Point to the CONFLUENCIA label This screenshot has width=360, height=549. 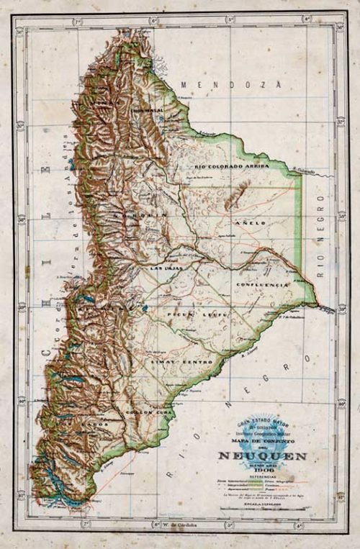[261, 285]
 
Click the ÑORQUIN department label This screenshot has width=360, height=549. [130, 215]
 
